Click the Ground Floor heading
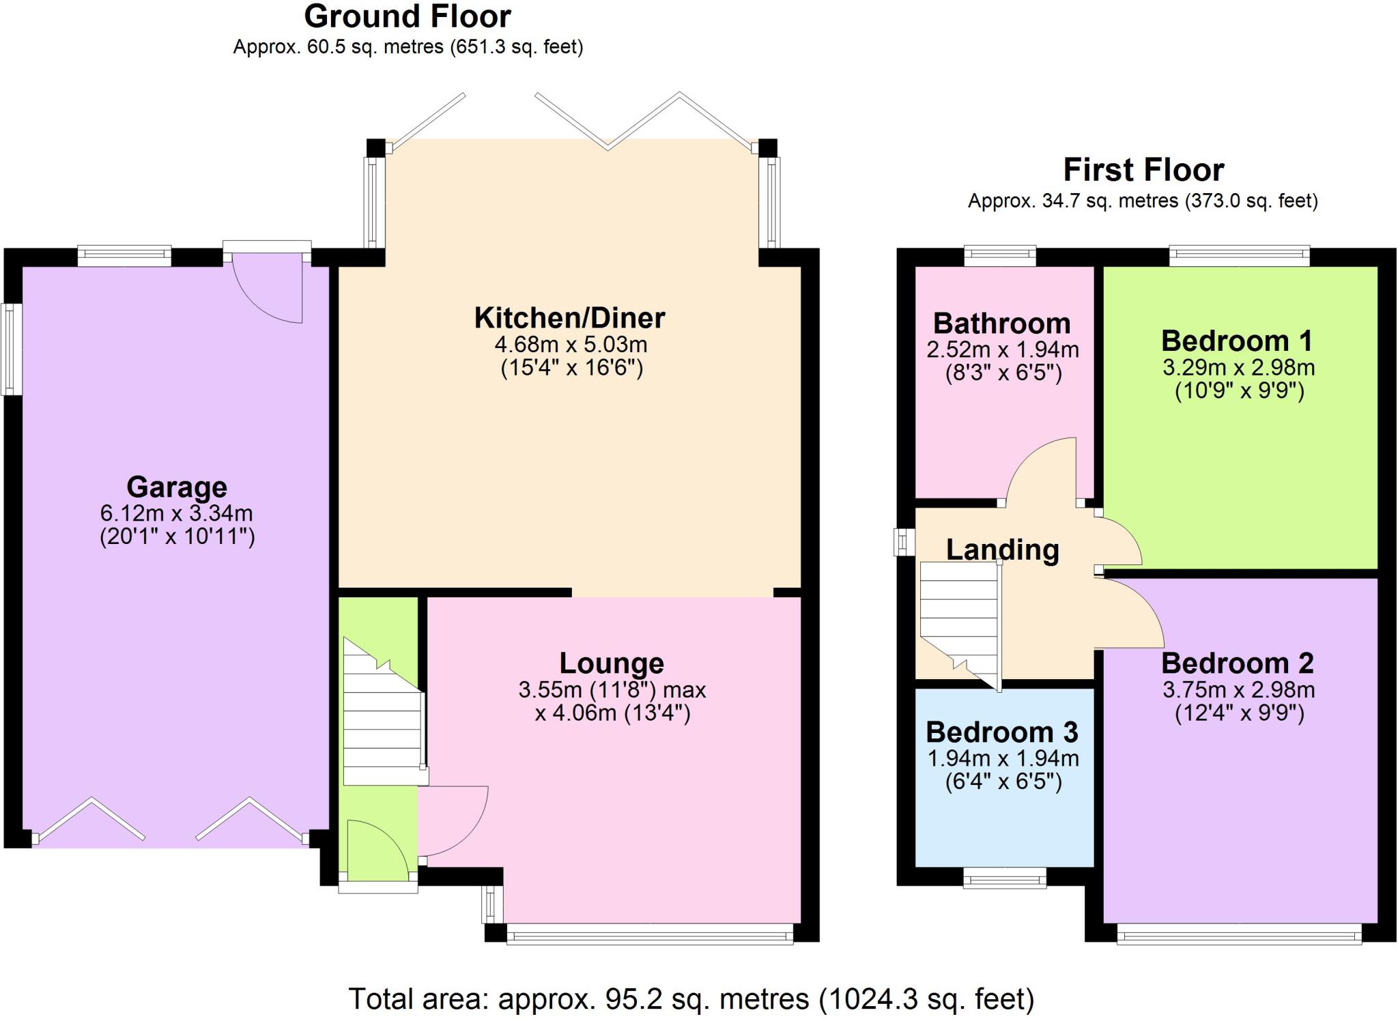pyautogui.click(x=408, y=17)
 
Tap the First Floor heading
pyautogui.click(x=1143, y=170)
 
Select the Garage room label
pyautogui.click(x=177, y=487)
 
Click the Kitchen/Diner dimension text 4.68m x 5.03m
pyautogui.click(x=571, y=344)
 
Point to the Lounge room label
pyautogui.click(x=612, y=663)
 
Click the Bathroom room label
pyautogui.click(x=1001, y=324)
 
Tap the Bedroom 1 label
pyautogui.click(x=1237, y=341)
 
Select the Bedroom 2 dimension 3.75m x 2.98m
pyautogui.click(x=1238, y=690)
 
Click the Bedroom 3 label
pyautogui.click(x=1001, y=732)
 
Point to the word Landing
pyautogui.click(x=1002, y=549)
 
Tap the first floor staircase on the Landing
pyautogui.click(x=958, y=621)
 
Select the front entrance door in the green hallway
pyautogui.click(x=375, y=850)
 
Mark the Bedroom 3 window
pyautogui.click(x=1004, y=878)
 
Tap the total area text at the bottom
pyautogui.click(x=691, y=999)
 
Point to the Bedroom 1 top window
pyautogui.click(x=1239, y=256)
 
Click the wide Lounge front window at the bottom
pyautogui.click(x=649, y=934)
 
